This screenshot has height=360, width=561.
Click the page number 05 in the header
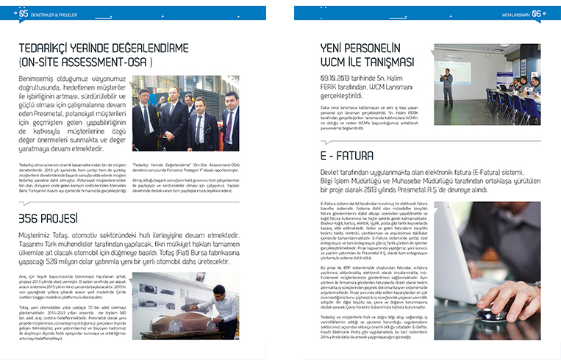pyautogui.click(x=24, y=13)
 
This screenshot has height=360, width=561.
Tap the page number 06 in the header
pyautogui.click(x=537, y=13)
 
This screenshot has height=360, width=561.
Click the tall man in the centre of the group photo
pyautogui.click(x=174, y=110)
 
